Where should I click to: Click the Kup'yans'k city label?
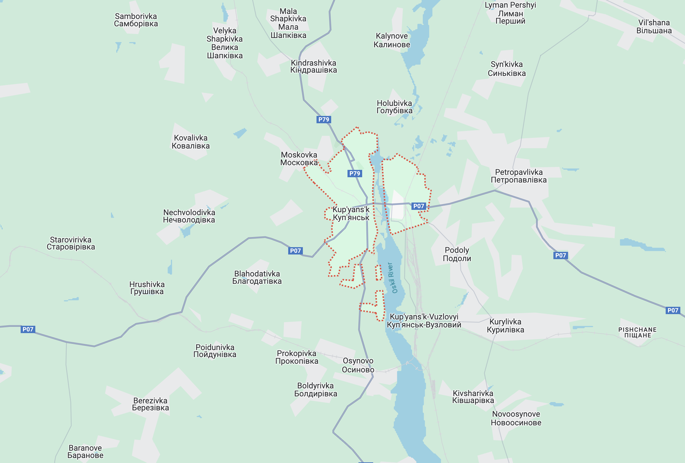(x=351, y=214)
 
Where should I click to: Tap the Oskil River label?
(x=392, y=278)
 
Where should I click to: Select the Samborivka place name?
(x=136, y=20)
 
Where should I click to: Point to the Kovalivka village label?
(x=191, y=142)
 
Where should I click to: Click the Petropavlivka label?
(x=518, y=176)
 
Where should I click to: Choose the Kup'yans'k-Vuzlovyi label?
(x=424, y=321)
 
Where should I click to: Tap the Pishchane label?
(x=637, y=332)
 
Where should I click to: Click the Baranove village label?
(x=85, y=452)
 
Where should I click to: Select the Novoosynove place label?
(x=516, y=418)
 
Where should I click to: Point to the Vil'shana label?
(x=654, y=27)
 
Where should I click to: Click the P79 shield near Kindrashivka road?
(x=324, y=120)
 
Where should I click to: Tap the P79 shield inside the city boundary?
(x=354, y=173)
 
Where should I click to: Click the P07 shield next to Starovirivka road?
(x=28, y=329)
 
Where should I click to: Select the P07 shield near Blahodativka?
(x=295, y=251)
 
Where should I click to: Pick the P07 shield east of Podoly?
(x=560, y=255)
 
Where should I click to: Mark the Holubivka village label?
(x=394, y=107)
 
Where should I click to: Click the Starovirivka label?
(x=71, y=243)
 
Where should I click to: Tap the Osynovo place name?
(x=358, y=365)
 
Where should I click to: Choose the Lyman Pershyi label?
(x=510, y=13)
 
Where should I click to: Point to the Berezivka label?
(x=150, y=404)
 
